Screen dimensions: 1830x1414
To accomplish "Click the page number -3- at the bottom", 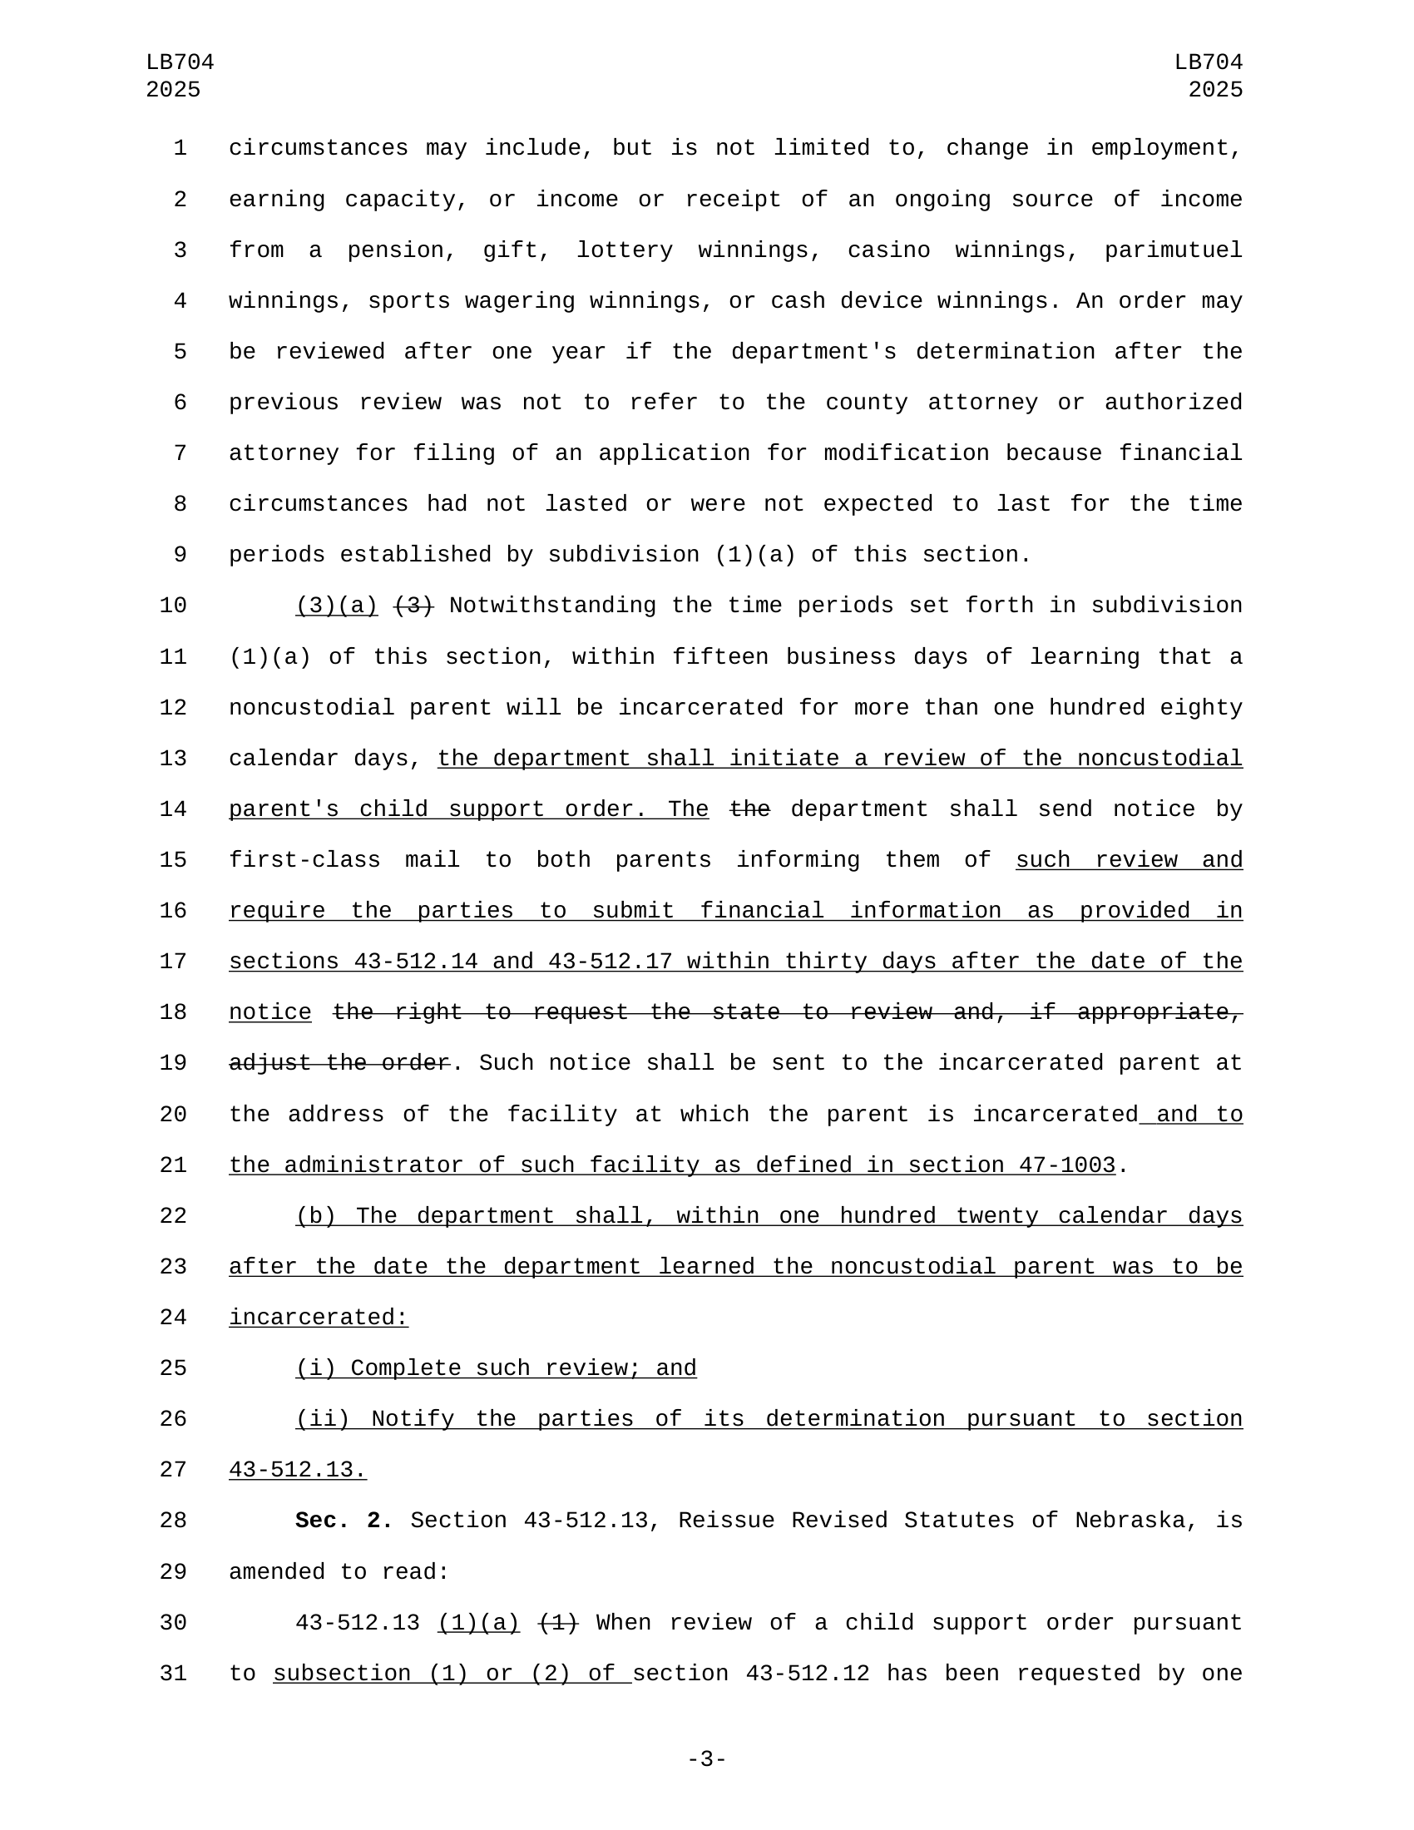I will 706,1758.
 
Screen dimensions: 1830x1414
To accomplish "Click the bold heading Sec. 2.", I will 344,1521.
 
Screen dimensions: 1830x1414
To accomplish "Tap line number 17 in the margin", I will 173,962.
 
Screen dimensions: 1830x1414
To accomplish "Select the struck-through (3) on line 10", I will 414,606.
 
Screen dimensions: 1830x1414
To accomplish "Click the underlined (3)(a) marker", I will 337,606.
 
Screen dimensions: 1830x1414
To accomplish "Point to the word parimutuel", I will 1173,250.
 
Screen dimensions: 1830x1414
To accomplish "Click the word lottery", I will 625,250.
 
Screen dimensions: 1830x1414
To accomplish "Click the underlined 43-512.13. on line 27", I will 298,1470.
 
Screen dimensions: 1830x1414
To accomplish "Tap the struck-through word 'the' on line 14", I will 749,809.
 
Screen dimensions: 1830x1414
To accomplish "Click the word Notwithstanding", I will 553,606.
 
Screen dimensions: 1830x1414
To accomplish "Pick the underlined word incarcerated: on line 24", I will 319,1318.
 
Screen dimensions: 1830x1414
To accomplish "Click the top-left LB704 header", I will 180,63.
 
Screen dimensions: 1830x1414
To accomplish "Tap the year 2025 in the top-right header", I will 1214,90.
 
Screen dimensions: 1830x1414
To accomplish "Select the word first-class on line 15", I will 304,861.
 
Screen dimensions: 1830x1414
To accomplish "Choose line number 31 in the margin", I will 173,1674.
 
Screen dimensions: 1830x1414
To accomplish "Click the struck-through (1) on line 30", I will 558,1623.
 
